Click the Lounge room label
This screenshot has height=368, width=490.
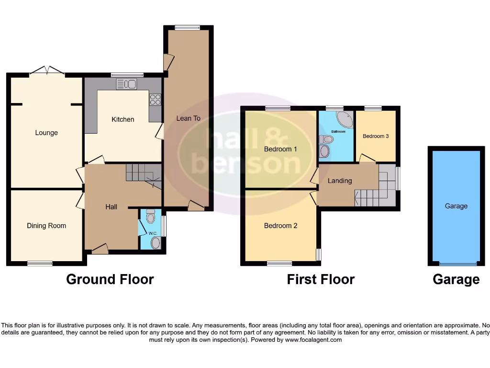(x=46, y=133)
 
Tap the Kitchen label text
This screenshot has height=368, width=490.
(x=123, y=119)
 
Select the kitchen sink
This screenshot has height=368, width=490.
(x=126, y=84)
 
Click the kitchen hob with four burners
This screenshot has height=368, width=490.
(x=155, y=99)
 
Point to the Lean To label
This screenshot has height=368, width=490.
(x=188, y=118)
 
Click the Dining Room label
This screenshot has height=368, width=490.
(x=46, y=226)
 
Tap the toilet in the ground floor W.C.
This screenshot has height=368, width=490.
(x=151, y=217)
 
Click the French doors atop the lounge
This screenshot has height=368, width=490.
(x=47, y=71)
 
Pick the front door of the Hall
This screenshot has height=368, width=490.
(x=100, y=249)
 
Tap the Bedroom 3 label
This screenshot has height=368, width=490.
(x=376, y=136)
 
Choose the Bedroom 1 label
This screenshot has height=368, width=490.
(x=280, y=149)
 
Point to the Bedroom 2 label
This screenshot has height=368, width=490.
(x=280, y=226)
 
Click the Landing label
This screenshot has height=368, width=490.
(x=340, y=181)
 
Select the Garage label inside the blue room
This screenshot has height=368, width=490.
(x=456, y=206)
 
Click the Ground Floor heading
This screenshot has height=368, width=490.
(x=110, y=279)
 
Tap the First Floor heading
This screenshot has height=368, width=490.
(x=321, y=279)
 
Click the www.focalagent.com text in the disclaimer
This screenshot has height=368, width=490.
(x=314, y=340)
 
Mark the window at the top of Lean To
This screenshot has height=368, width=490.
(x=188, y=28)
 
